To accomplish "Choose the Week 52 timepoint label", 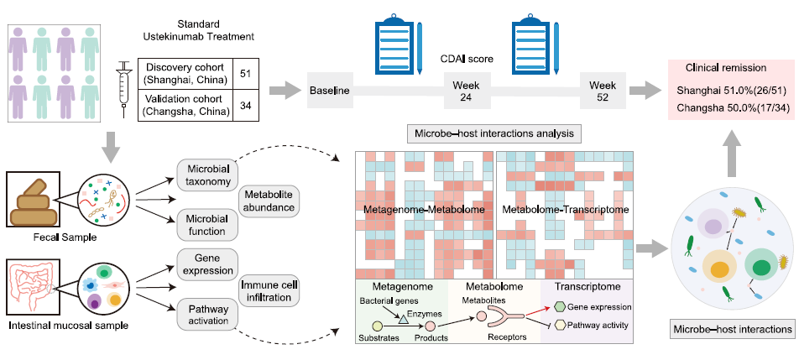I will point(602,90).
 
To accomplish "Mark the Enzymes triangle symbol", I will point(403,320).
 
